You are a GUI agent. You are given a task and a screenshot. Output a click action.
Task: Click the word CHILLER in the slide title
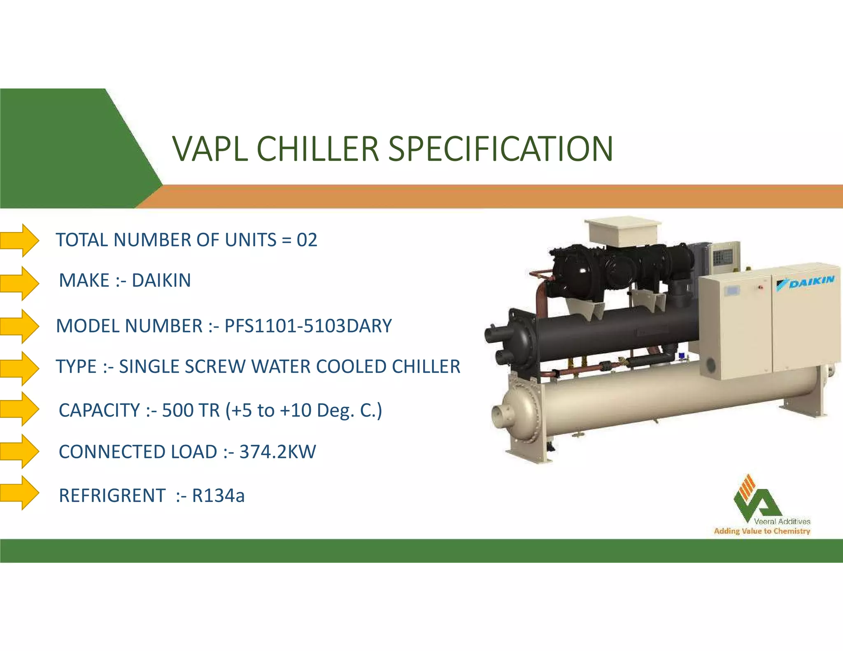317,149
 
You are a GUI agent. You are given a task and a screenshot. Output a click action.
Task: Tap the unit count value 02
307,240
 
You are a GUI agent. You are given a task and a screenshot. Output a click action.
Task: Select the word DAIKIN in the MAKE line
161,281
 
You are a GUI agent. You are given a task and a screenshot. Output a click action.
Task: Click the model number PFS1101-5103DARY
308,326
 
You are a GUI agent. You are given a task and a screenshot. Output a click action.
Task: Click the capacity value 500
178,410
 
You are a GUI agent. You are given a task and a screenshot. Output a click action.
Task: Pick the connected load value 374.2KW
278,452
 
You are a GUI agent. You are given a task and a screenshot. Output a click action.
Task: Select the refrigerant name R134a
219,495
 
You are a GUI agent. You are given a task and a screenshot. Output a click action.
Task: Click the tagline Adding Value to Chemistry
762,531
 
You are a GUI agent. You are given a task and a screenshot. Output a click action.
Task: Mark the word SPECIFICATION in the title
501,149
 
